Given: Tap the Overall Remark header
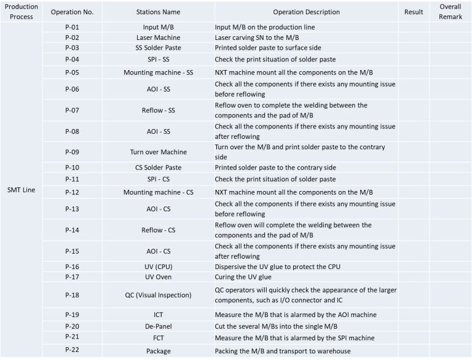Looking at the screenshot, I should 450,12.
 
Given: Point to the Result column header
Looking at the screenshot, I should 414,12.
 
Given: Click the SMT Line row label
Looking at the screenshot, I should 22,189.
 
